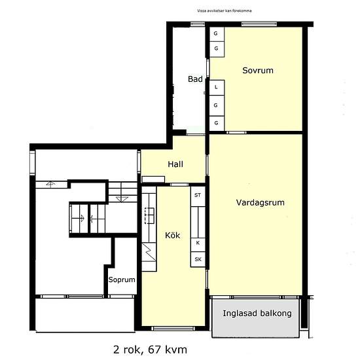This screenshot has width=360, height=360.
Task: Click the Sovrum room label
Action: coord(258,70)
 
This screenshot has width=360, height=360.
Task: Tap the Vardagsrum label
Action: coord(260,202)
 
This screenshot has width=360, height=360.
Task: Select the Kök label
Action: coord(172,236)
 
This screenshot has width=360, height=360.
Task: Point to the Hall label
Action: coord(175,164)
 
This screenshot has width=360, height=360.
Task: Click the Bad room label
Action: coord(195,79)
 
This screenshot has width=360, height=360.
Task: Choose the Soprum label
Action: coord(122,279)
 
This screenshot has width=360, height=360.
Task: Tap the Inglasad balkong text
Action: coord(257,314)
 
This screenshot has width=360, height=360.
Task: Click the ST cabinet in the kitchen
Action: coord(198,196)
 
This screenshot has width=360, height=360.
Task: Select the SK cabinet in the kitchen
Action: coord(198,259)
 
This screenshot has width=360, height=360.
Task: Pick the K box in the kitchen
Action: coord(198,243)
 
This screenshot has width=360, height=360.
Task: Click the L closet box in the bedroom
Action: coord(217,88)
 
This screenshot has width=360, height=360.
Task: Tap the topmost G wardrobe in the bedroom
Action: coord(217,34)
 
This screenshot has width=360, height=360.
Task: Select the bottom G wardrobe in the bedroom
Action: coord(217,123)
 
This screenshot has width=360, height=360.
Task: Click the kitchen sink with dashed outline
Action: coord(149,215)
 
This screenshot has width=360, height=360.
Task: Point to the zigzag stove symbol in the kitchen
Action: coord(149,252)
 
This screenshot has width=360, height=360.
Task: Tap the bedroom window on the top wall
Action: coord(259,24)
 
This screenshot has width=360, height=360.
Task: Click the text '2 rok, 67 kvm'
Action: coord(150,350)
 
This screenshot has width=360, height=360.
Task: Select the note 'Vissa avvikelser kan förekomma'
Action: coord(225,10)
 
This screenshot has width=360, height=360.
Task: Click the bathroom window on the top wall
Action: coord(198,24)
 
